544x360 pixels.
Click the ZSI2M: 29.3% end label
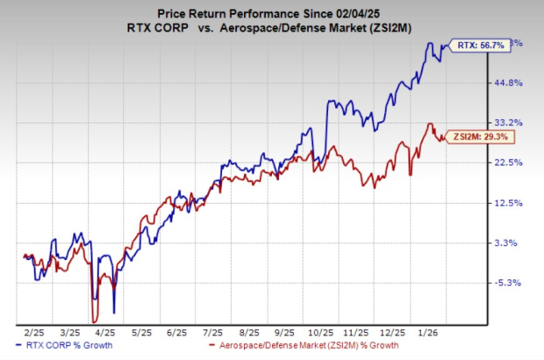[x=476, y=138]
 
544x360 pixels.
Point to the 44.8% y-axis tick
[x=513, y=83]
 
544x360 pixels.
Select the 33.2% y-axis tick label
[x=513, y=122]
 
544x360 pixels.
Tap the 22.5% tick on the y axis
[x=513, y=162]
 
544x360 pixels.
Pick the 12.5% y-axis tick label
[x=513, y=203]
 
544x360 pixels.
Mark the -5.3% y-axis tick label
[x=512, y=283]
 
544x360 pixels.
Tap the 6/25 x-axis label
[x=176, y=335]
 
